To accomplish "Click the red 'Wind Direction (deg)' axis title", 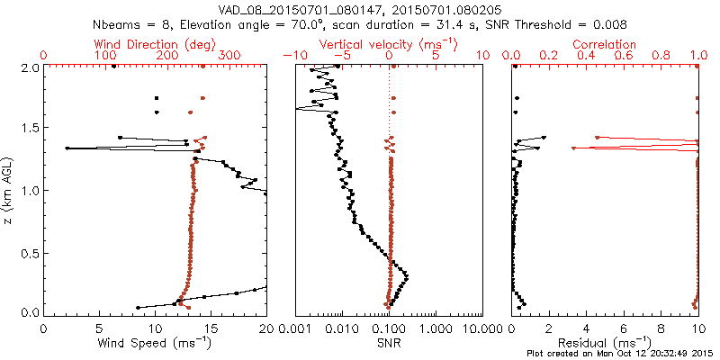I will tap(157, 44).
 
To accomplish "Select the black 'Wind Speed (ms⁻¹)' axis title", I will tap(155, 342).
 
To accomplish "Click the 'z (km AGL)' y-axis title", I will tap(9, 189).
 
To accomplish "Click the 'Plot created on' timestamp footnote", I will tap(621, 354).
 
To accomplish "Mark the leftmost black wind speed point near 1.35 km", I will tap(67, 148).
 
